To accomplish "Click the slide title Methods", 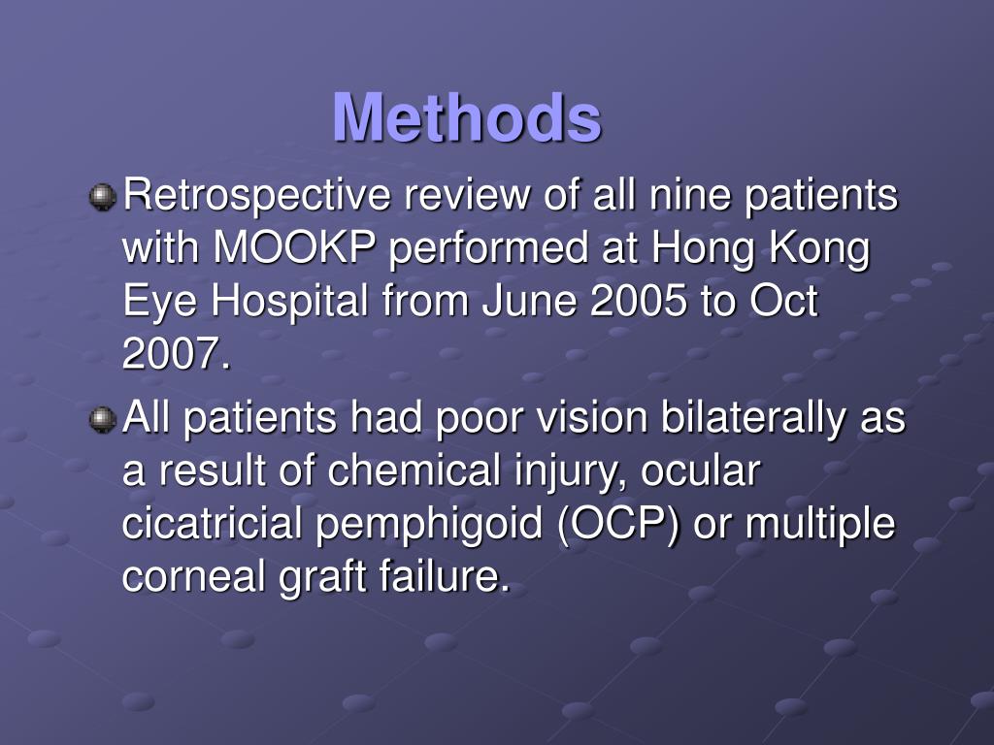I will coord(466,117).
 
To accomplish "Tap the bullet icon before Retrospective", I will coord(102,198).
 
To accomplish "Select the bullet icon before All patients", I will coord(102,420).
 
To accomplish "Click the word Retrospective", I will coord(257,196).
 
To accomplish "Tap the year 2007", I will coord(175,356).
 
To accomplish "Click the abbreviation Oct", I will coord(783,303).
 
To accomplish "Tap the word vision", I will coord(587,419).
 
